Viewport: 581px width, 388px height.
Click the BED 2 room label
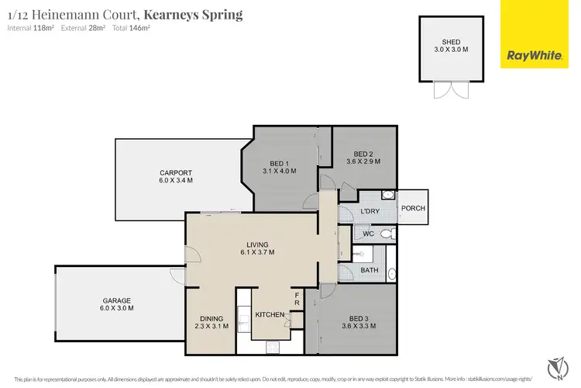click(x=364, y=154)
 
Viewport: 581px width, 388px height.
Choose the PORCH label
click(x=412, y=208)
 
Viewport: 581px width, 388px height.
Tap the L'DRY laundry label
click(x=370, y=212)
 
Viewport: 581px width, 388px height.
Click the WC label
click(x=368, y=233)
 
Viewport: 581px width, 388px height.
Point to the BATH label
click(x=369, y=271)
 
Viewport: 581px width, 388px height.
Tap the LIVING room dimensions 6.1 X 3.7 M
click(x=256, y=252)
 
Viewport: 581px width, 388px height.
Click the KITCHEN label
click(x=268, y=314)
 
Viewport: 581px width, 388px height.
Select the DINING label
click(x=211, y=319)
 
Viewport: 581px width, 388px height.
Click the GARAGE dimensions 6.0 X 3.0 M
click(x=117, y=308)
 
